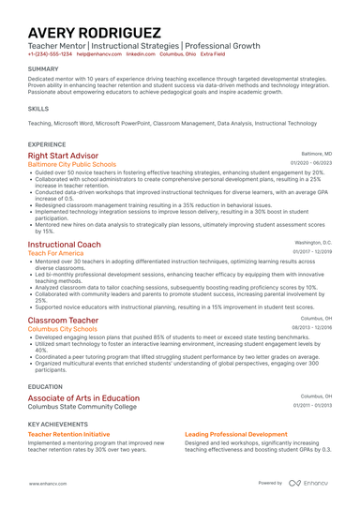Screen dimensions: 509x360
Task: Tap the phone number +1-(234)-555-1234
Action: click(x=50, y=54)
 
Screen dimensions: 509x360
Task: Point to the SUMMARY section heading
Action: click(x=43, y=69)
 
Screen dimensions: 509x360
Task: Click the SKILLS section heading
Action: click(x=38, y=109)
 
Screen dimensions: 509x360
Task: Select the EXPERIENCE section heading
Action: click(x=47, y=144)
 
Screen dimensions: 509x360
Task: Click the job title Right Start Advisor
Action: click(x=63, y=156)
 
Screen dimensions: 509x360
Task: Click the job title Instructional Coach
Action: click(x=64, y=244)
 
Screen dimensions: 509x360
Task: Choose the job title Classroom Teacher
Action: click(x=62, y=320)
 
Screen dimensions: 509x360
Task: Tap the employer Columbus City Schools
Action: click(x=62, y=329)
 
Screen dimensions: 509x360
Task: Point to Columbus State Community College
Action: click(x=82, y=407)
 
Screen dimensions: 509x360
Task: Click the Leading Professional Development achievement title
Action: click(x=235, y=435)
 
